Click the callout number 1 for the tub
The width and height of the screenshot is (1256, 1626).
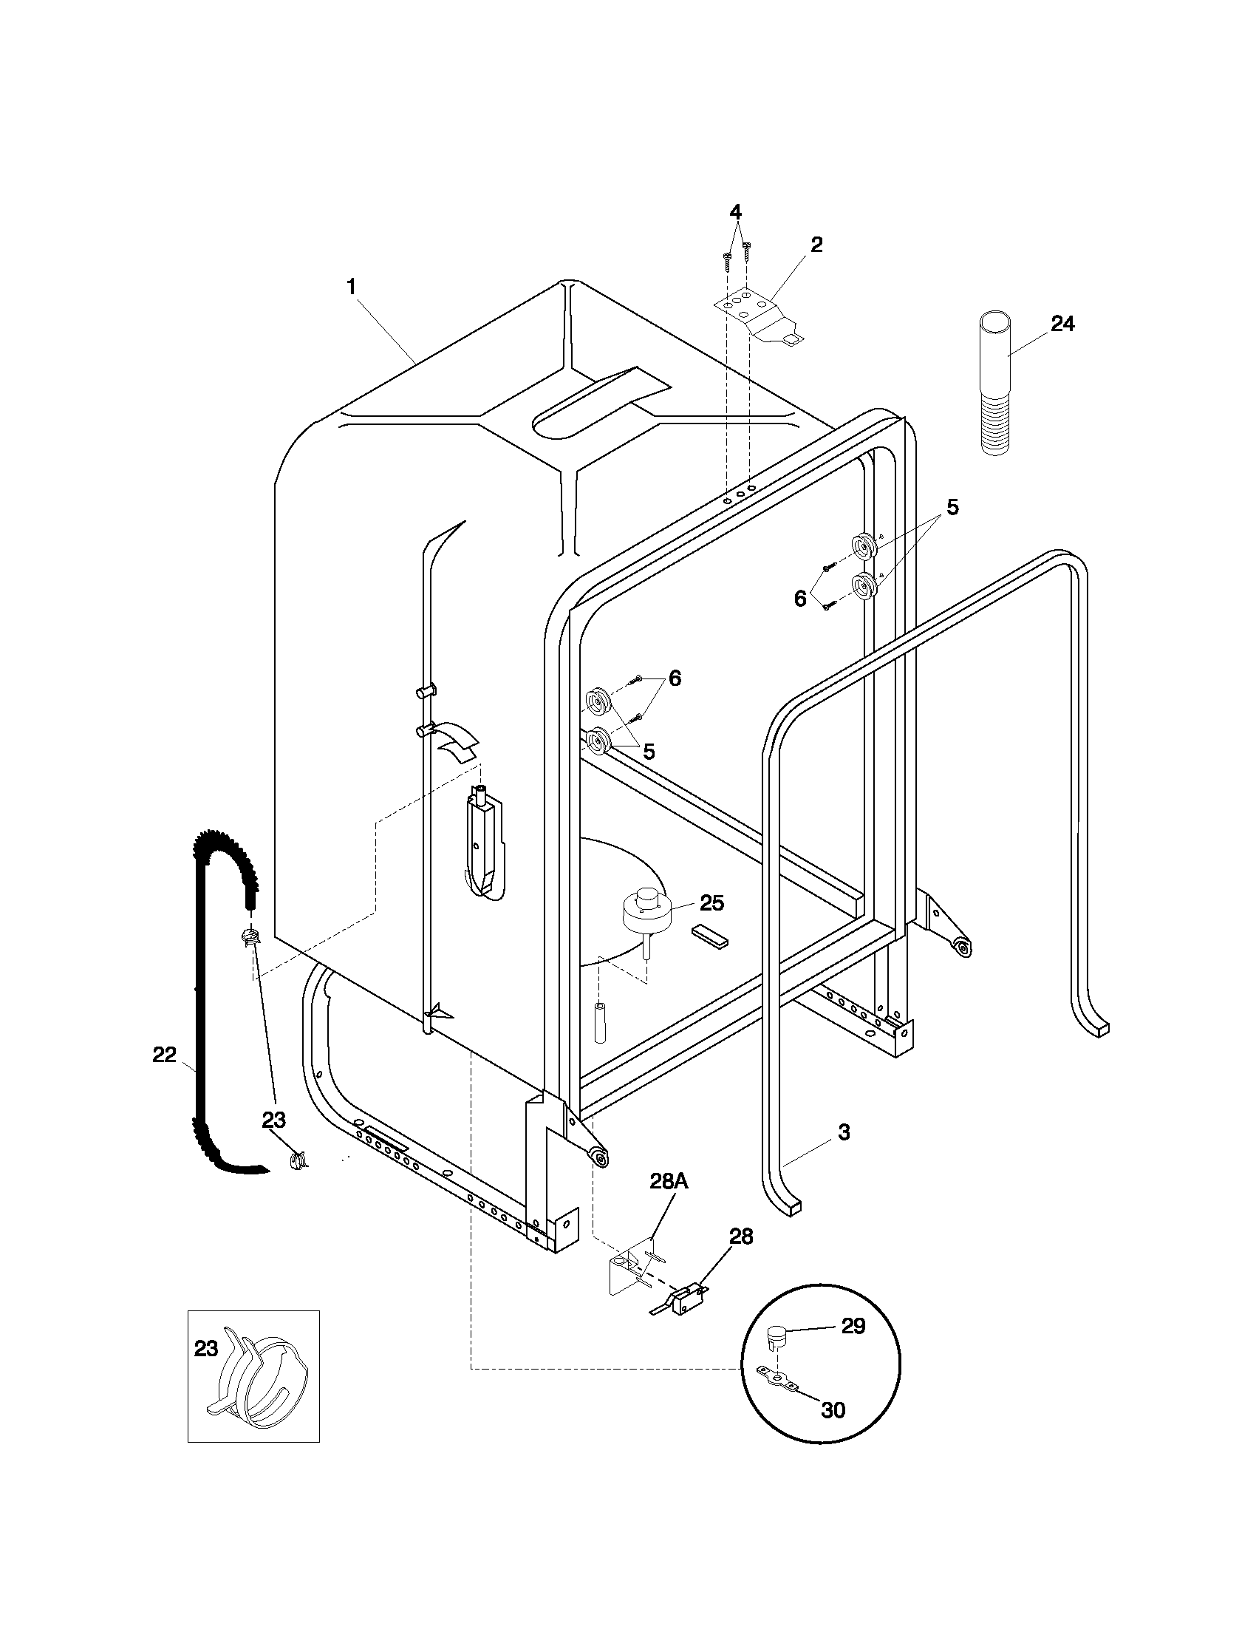pos(352,287)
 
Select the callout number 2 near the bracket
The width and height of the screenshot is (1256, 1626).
pos(816,245)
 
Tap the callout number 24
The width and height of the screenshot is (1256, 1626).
pos(1062,324)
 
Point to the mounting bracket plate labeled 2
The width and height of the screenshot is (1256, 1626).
pos(759,316)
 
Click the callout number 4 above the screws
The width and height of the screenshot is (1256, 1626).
pos(735,212)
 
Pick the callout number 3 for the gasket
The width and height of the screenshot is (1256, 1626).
pos(843,1132)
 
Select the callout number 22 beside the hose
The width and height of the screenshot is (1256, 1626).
pos(165,1054)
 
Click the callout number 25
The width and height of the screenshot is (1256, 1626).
pos(711,903)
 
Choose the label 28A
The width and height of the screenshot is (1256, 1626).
pos(672,1180)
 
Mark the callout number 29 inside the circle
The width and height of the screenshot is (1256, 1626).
pos(853,1326)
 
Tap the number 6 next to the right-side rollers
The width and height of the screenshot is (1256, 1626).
pos(800,598)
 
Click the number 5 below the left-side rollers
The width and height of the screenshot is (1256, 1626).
pos(649,751)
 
